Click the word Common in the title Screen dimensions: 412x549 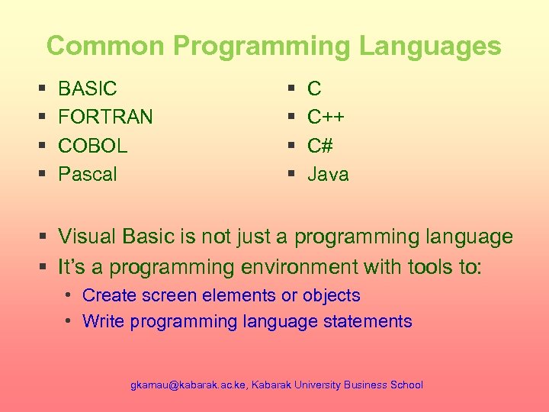click(x=106, y=46)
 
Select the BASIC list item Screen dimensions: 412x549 click(x=88, y=89)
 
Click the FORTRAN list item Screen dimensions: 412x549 click(x=105, y=117)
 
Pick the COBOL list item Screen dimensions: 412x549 click(x=93, y=145)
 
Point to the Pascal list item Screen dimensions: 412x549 click(x=88, y=174)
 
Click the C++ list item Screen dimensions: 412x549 click(x=326, y=117)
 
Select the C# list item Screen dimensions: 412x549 click(x=320, y=145)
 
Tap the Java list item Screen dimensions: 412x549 click(x=328, y=174)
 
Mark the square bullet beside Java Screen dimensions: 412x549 click(x=291, y=175)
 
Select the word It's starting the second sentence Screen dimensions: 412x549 click(x=73, y=267)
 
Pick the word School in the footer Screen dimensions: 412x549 click(x=406, y=385)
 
